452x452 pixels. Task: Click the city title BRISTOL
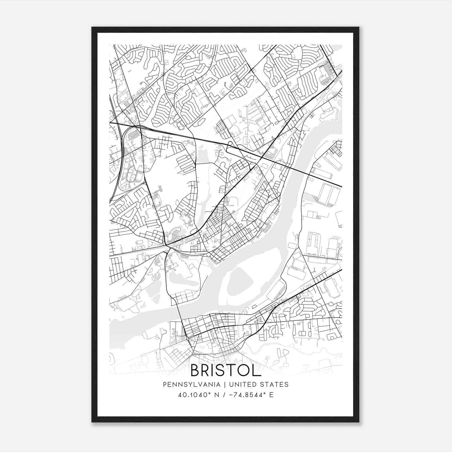point(226,370)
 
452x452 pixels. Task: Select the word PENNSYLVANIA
point(191,384)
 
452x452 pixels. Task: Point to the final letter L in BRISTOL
point(257,370)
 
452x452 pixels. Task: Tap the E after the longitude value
point(271,395)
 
